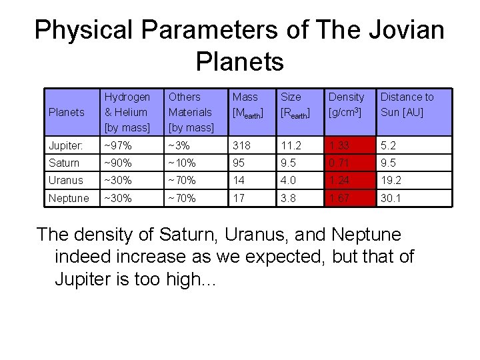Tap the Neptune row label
point(68,198)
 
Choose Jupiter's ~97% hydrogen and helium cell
point(118,145)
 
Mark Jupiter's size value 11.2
point(291,145)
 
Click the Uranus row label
point(66,180)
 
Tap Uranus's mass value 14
point(238,180)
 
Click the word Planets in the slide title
point(240,62)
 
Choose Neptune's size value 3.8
point(289,198)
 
